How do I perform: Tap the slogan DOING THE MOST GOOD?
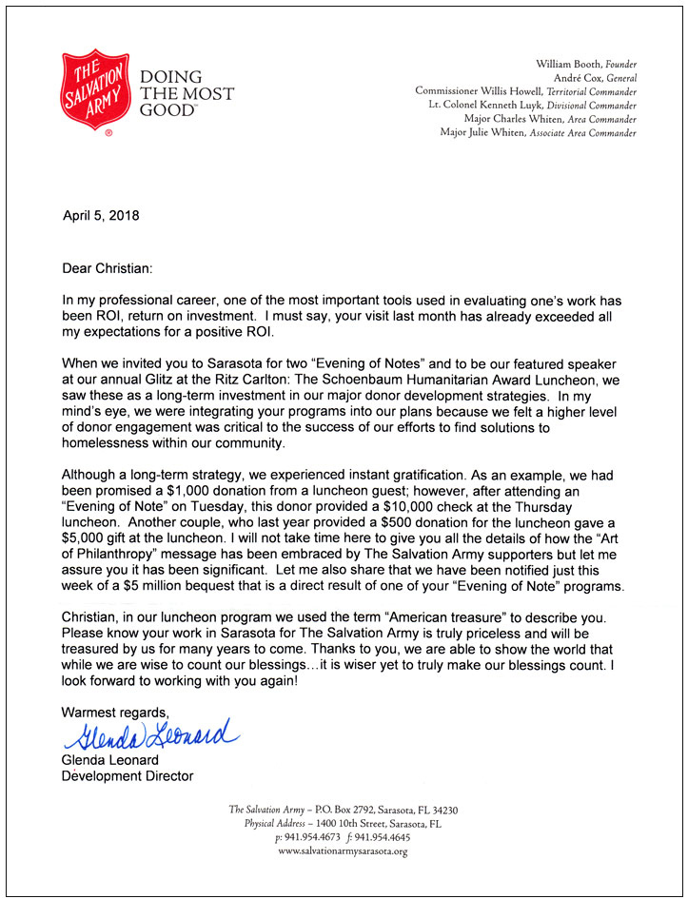pos(187,92)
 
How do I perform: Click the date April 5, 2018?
pos(100,216)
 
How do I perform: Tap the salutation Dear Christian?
pos(106,269)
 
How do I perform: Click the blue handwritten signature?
pos(150,735)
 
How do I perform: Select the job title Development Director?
pos(127,776)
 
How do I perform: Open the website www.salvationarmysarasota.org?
pos(343,851)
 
